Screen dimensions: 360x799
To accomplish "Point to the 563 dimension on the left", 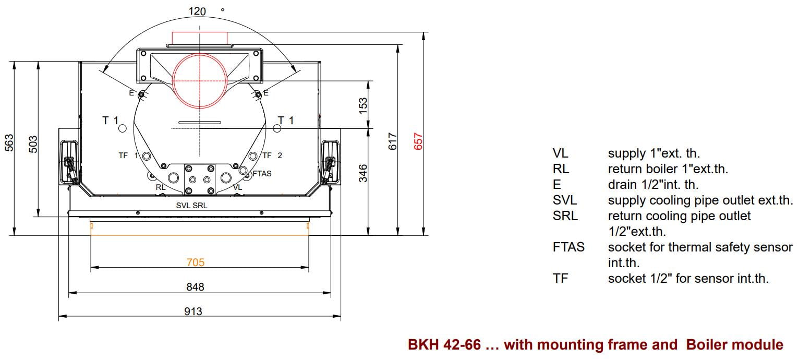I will pyautogui.click(x=9, y=143).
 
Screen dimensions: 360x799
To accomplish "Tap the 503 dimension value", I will pyautogui.click(x=33, y=143).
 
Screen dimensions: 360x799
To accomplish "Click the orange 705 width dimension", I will pyautogui.click(x=195, y=262).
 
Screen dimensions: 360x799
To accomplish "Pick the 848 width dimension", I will pyautogui.click(x=195, y=287).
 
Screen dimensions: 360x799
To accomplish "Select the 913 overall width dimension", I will pyautogui.click(x=193, y=311).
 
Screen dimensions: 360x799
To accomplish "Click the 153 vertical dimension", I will pyautogui.click(x=364, y=104).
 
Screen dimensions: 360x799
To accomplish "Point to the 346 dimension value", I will pyautogui.click(x=364, y=173).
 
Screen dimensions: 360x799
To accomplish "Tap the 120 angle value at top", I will pyautogui.click(x=197, y=11).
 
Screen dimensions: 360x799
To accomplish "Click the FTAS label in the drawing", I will pyautogui.click(x=262, y=174).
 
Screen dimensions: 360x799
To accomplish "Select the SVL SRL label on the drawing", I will pyautogui.click(x=191, y=206).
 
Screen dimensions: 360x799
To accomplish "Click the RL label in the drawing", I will pyautogui.click(x=161, y=187).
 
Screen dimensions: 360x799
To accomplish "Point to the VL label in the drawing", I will pyautogui.click(x=237, y=187).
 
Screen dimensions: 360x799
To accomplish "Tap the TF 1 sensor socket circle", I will pyautogui.click(x=147, y=156).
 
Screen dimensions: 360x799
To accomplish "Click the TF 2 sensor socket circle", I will pyautogui.click(x=253, y=156).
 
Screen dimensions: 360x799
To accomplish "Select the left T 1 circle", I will pyautogui.click(x=123, y=128).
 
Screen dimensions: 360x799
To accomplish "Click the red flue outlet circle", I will pyautogui.click(x=200, y=82).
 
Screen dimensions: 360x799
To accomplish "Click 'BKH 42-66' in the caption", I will pyautogui.click(x=444, y=345).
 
